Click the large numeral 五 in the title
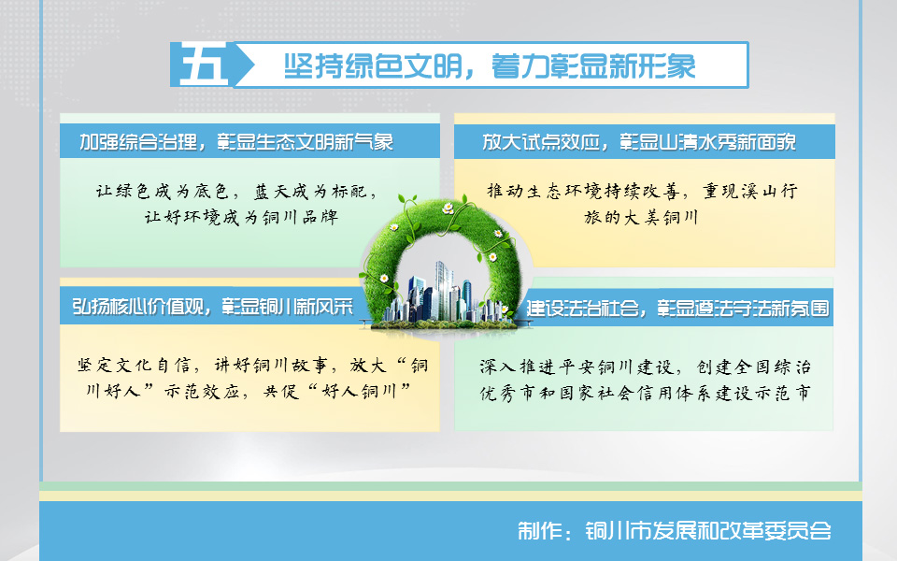(x=204, y=65)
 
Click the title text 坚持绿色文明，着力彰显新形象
(x=490, y=65)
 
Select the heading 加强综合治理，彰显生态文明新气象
(x=236, y=141)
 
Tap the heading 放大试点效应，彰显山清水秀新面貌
(x=639, y=141)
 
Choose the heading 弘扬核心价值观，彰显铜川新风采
(x=212, y=307)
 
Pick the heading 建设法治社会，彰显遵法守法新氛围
(x=678, y=308)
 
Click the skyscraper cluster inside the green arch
(x=440, y=295)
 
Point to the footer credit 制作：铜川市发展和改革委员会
(x=674, y=531)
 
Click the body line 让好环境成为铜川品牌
(x=241, y=217)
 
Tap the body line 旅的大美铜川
(x=641, y=217)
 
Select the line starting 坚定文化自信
(x=252, y=366)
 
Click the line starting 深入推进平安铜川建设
(x=645, y=367)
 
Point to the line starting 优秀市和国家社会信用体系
(x=645, y=394)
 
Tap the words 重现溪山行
(x=750, y=191)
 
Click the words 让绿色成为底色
(x=163, y=191)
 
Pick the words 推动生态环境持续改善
(x=583, y=191)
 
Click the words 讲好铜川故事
(x=271, y=366)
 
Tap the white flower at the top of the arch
(x=448, y=209)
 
